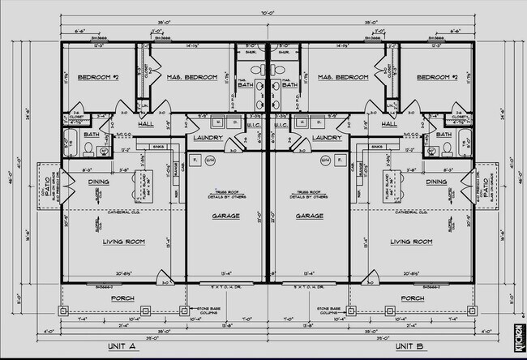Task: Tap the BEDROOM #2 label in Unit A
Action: click(x=98, y=77)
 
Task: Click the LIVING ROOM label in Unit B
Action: click(x=410, y=241)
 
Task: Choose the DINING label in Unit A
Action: click(x=99, y=182)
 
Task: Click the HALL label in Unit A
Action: click(x=146, y=124)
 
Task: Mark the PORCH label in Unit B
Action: click(x=412, y=298)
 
